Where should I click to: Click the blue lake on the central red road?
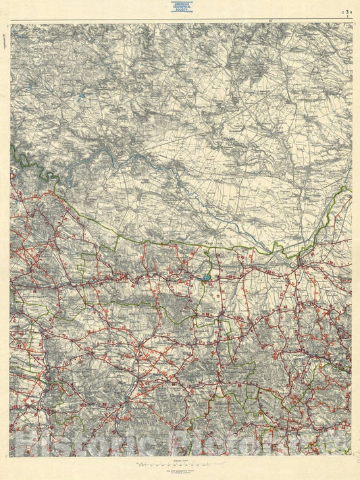pyautogui.click(x=205, y=276)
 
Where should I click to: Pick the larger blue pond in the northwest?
pyautogui.click(x=80, y=97)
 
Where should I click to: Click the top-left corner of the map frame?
pyautogui.click(x=10, y=24)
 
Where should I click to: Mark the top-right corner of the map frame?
pyautogui.click(x=352, y=24)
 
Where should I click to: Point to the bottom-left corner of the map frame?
pyautogui.click(x=10, y=456)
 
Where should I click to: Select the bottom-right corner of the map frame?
pyautogui.click(x=352, y=456)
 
